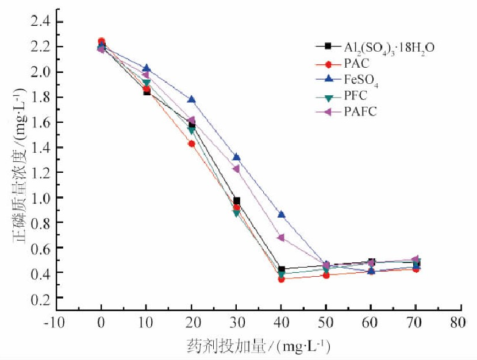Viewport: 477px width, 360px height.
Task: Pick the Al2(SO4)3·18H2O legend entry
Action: (x=374, y=47)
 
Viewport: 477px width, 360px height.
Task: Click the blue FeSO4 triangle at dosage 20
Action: (x=191, y=99)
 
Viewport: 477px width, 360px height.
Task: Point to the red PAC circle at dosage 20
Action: (x=191, y=144)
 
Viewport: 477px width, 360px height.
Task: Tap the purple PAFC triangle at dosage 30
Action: (x=236, y=169)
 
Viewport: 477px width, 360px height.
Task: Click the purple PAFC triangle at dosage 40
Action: (x=281, y=237)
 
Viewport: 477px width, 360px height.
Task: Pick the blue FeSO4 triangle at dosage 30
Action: (x=236, y=157)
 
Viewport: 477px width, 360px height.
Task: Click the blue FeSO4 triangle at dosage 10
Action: (x=147, y=68)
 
